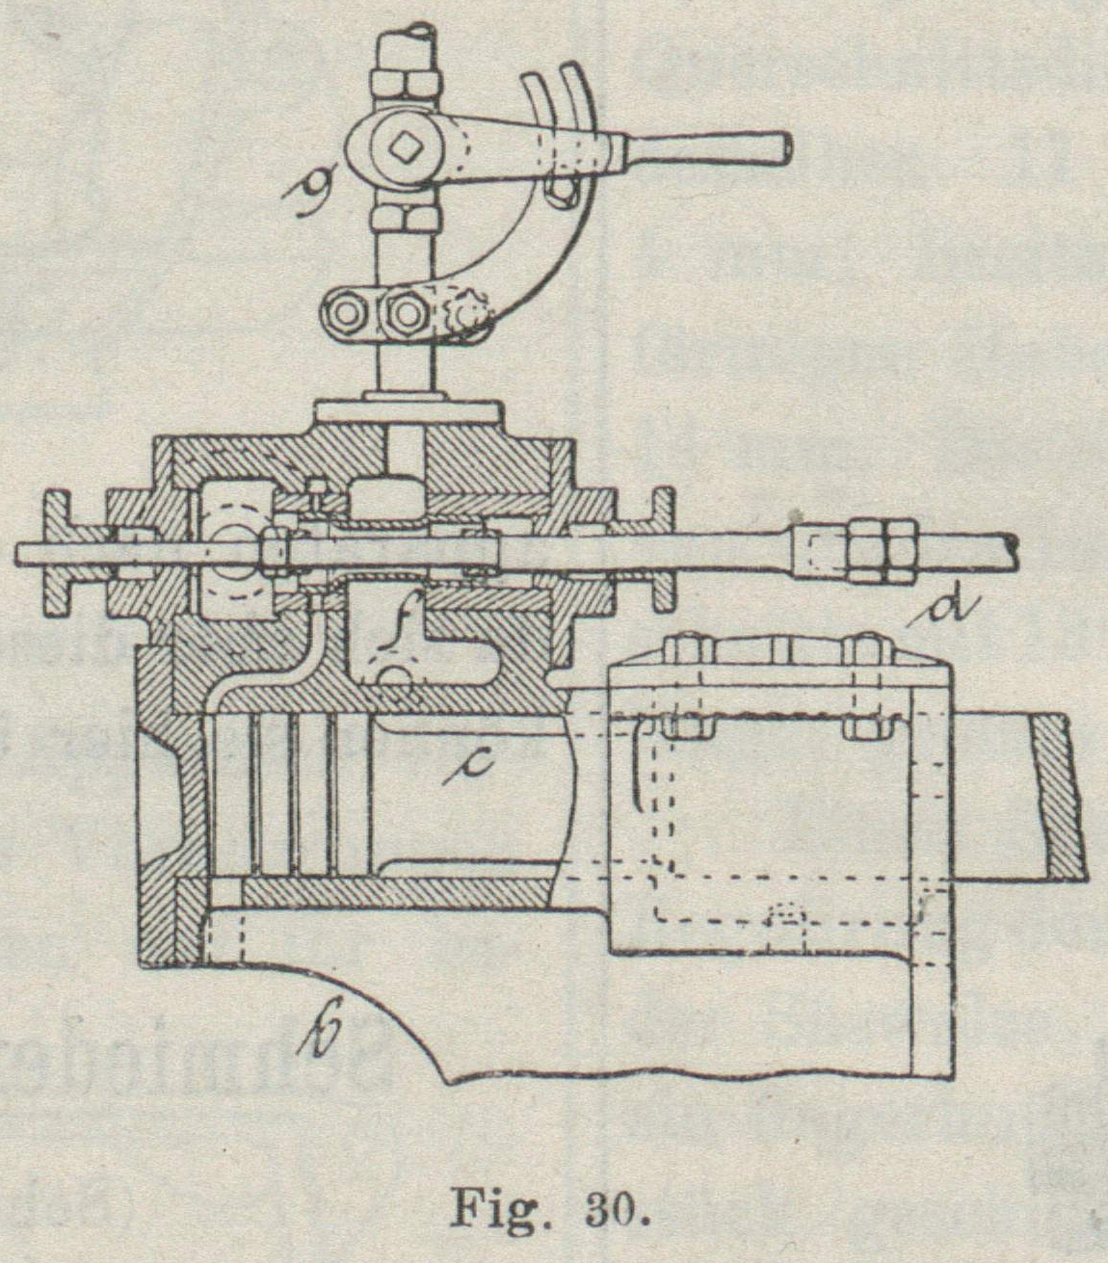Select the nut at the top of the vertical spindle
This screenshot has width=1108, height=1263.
(406, 82)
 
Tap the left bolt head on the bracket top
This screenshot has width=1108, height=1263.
(685, 650)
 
